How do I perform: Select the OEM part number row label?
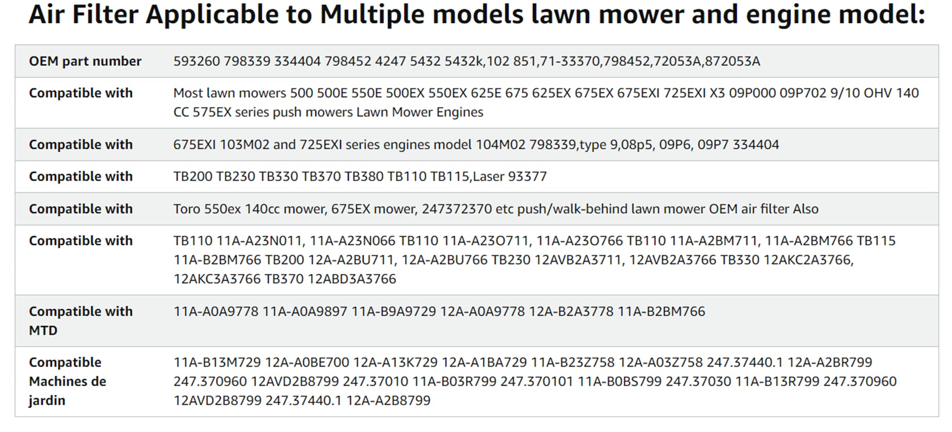85,61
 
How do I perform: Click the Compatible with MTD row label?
81,321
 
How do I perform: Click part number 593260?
197,61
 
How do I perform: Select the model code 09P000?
752,93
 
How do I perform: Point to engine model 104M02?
501,144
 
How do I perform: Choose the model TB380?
364,176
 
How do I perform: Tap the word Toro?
187,209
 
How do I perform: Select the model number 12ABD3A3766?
352,279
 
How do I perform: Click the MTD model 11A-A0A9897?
305,311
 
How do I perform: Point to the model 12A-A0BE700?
307,362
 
